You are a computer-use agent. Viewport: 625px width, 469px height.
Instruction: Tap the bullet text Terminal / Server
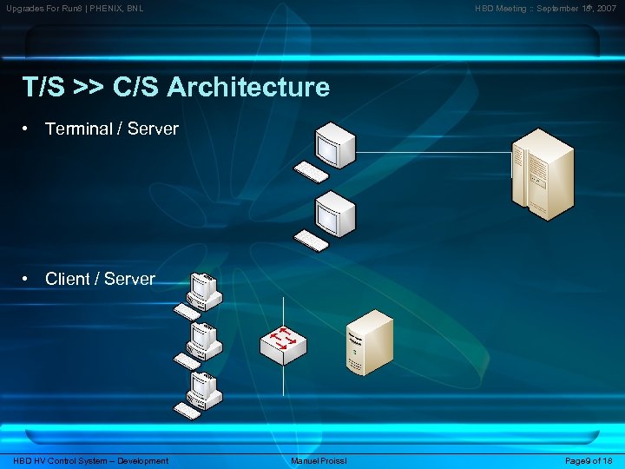click(x=111, y=129)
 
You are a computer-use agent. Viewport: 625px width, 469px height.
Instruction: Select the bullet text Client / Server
click(x=100, y=279)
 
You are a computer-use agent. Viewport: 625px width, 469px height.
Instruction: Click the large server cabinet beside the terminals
click(x=542, y=174)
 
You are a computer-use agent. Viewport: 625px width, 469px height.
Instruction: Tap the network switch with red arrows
click(x=283, y=341)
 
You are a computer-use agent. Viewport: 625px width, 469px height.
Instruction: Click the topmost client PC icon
click(x=205, y=290)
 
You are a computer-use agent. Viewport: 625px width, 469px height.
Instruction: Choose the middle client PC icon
click(x=205, y=340)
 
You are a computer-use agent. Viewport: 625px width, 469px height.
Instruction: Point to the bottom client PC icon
click(x=205, y=389)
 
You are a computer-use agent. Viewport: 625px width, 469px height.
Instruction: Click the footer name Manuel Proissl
click(x=319, y=460)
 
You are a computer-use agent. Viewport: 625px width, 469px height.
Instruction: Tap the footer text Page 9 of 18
click(x=589, y=460)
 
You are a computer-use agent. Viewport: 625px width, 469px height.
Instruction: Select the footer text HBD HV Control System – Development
click(x=91, y=460)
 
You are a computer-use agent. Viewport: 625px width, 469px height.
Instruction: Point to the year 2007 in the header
click(x=607, y=9)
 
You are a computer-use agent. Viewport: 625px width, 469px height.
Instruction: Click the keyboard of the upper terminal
click(x=312, y=172)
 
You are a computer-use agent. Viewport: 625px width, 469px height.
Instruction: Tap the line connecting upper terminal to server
click(x=434, y=153)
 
